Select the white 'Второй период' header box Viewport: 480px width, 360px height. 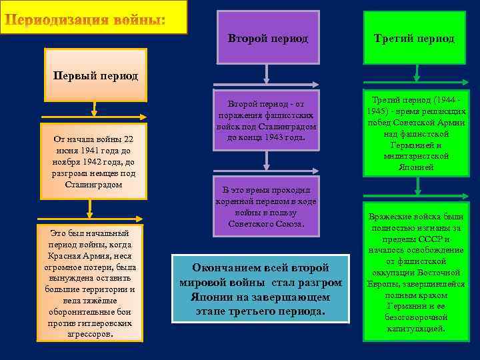click(x=268, y=39)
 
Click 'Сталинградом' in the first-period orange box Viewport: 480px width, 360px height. click(x=93, y=184)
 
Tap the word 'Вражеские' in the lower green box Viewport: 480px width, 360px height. click(x=393, y=217)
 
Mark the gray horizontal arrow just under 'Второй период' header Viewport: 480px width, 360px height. click(x=267, y=85)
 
